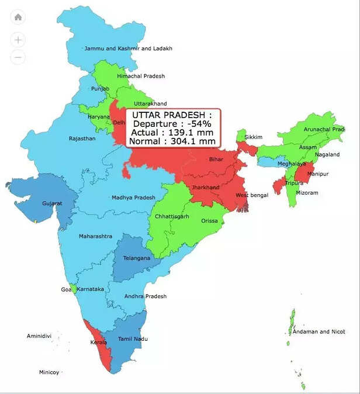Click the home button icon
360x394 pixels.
pyautogui.click(x=18, y=17)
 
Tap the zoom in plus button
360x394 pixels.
pyautogui.click(x=18, y=40)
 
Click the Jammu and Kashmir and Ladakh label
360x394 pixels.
pyautogui.click(x=129, y=49)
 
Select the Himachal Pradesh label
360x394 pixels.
pyautogui.click(x=141, y=76)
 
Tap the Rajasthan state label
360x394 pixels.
pyautogui.click(x=82, y=139)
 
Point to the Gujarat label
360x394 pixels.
pyautogui.click(x=52, y=203)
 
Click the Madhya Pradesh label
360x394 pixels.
pyautogui.click(x=133, y=198)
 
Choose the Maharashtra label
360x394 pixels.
pyautogui.click(x=95, y=236)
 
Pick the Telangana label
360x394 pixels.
pyautogui.click(x=136, y=258)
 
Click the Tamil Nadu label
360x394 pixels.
pyautogui.click(x=133, y=339)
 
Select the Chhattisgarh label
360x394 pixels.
pyautogui.click(x=172, y=217)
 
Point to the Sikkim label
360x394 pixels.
pyautogui.click(x=254, y=137)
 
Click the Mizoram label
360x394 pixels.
pyautogui.click(x=306, y=192)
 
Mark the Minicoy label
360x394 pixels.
pyautogui.click(x=49, y=372)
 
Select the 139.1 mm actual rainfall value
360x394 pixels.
pyautogui.click(x=191, y=133)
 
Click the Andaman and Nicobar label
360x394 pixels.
pyautogui.click(x=319, y=331)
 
